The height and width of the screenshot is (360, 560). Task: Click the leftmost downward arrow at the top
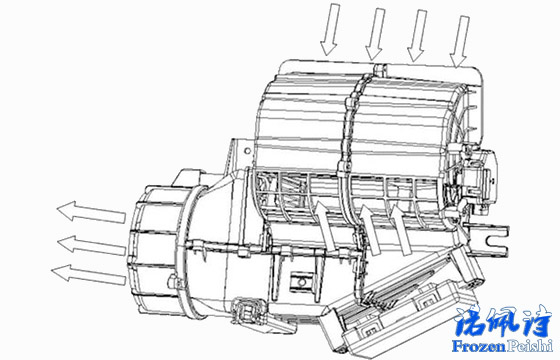pyautogui.click(x=329, y=30)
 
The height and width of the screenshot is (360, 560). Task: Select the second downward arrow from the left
pyautogui.click(x=375, y=32)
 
